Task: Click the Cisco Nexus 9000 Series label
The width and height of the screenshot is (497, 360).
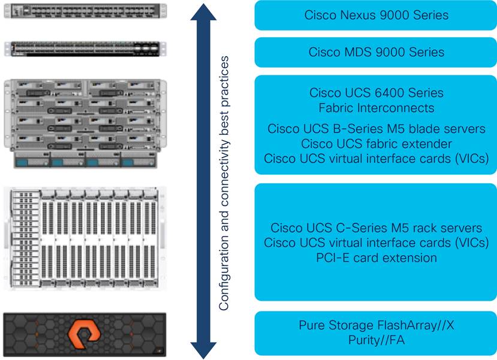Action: click(376, 15)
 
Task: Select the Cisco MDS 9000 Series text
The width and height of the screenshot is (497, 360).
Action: click(376, 52)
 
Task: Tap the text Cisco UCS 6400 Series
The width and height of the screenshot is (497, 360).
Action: click(376, 93)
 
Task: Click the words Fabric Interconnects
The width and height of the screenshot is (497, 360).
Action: click(376, 108)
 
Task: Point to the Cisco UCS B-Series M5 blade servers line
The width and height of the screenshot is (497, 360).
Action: click(376, 129)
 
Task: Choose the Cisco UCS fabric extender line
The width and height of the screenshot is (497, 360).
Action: click(376, 144)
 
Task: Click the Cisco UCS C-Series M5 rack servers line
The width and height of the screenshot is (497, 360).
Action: click(376, 228)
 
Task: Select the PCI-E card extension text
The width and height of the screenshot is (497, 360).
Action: click(376, 258)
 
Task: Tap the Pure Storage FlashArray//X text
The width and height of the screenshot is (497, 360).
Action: click(376, 326)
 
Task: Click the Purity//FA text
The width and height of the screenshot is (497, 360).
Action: click(376, 340)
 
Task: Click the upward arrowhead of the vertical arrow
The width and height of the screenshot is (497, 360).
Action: click(203, 12)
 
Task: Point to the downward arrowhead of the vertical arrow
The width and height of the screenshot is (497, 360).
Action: click(203, 349)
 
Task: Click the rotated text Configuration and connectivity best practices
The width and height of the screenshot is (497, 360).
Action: click(224, 183)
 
